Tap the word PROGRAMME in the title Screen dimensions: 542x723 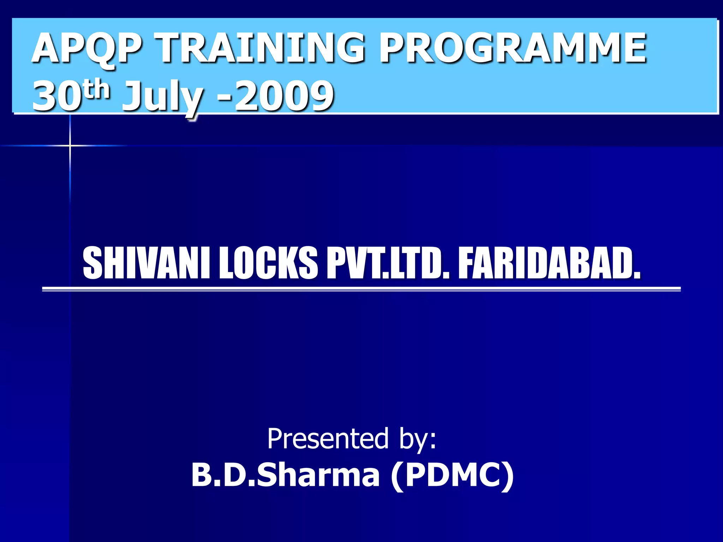(x=513, y=48)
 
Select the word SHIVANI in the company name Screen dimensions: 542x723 (x=147, y=263)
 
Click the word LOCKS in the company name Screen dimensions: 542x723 (x=268, y=263)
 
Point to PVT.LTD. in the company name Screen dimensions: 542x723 (x=388, y=263)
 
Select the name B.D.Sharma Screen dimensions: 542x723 (x=285, y=475)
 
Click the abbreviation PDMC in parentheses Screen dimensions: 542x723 (x=452, y=475)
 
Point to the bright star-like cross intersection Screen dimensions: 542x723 (x=70, y=145)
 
